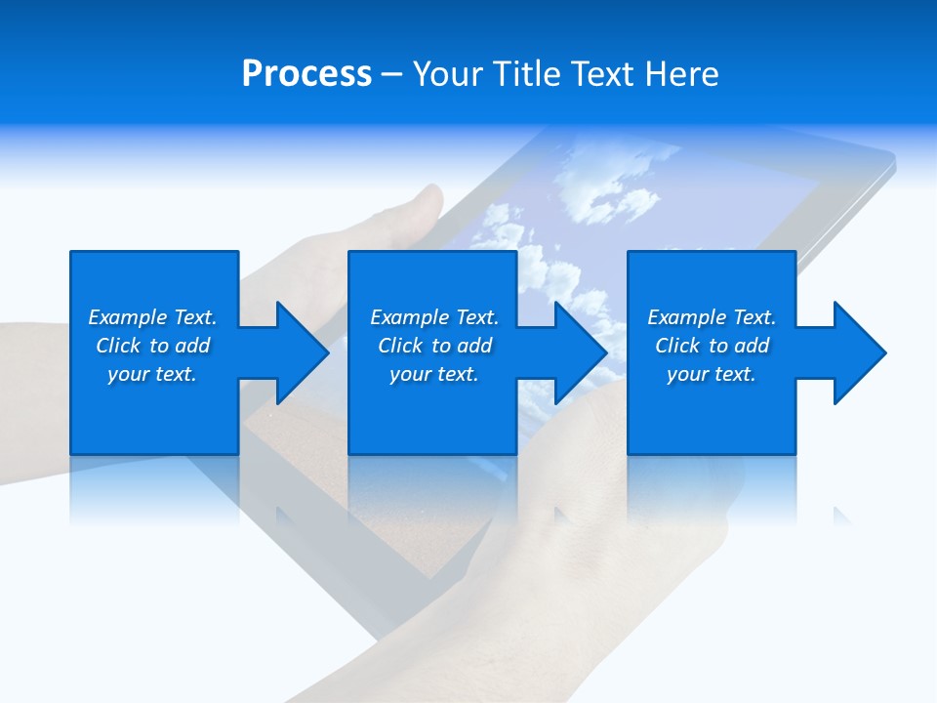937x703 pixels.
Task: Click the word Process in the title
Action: click(x=306, y=74)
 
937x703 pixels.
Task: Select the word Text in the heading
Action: click(x=603, y=74)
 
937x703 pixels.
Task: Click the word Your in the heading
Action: click(x=445, y=74)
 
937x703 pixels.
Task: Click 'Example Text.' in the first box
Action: click(x=152, y=317)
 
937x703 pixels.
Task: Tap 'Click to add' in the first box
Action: click(x=152, y=346)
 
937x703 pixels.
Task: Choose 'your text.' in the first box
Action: click(x=152, y=374)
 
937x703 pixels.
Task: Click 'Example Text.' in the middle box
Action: click(x=434, y=317)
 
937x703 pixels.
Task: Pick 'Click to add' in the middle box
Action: click(x=434, y=346)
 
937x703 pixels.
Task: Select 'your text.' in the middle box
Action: click(x=434, y=374)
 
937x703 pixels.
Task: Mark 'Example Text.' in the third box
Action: click(x=712, y=317)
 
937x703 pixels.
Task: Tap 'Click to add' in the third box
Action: click(x=712, y=346)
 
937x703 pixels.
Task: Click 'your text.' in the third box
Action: click(x=712, y=374)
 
